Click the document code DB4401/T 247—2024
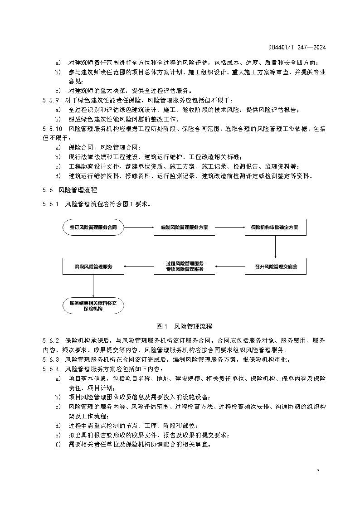tap(297, 47)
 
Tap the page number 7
tap(318, 472)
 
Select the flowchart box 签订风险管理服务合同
tap(93, 227)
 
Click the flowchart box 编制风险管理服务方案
tap(184, 227)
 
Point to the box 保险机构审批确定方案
tap(275, 227)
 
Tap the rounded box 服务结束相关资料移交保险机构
tap(93, 305)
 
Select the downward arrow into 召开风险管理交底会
tap(275, 246)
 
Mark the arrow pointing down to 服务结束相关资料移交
tap(93, 286)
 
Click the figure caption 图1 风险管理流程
tap(184, 326)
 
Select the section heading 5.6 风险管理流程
tap(70, 190)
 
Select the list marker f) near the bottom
tap(58, 444)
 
